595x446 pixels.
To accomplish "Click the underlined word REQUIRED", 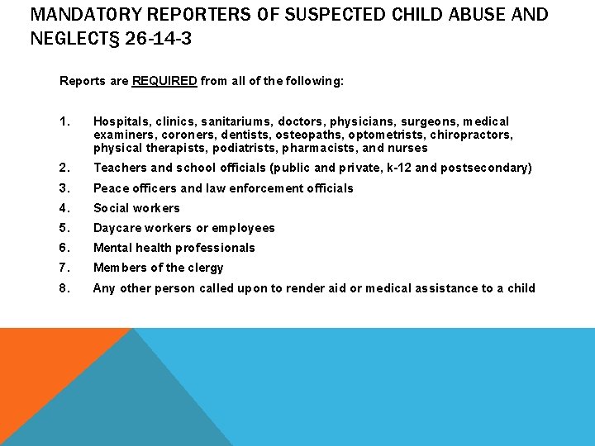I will pos(164,81).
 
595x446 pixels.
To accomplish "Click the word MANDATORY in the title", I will pos(64,15).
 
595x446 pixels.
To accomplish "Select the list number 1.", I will pos(64,121).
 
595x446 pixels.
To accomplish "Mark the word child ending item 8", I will pos(519,288).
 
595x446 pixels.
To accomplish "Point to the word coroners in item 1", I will pos(188,135).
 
